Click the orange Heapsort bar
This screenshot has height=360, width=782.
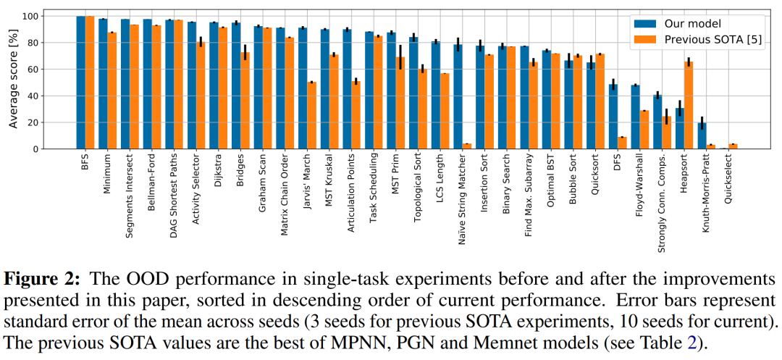[689, 106]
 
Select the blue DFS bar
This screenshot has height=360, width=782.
[613, 117]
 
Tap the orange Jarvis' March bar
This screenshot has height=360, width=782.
[311, 116]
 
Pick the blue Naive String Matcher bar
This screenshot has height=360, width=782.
[458, 97]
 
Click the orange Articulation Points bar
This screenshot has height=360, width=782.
[356, 115]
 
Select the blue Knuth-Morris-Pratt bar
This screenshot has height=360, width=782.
[702, 136]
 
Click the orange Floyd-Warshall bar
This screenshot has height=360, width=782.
[644, 130]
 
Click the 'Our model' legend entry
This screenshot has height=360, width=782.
[677, 22]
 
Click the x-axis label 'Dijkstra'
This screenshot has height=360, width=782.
[216, 171]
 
